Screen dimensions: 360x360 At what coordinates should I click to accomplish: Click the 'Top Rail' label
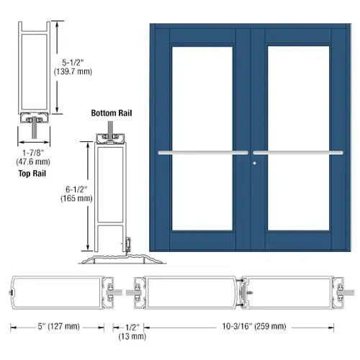click(32, 174)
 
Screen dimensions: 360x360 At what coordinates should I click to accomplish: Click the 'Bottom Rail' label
click(112, 113)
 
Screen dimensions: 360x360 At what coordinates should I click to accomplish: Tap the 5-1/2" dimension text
click(73, 63)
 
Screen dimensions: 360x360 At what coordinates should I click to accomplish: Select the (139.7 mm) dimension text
click(73, 71)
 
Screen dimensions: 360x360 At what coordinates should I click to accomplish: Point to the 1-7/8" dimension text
click(33, 153)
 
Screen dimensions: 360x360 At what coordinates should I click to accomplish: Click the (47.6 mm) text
click(33, 162)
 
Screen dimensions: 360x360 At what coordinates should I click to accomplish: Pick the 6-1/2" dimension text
click(76, 189)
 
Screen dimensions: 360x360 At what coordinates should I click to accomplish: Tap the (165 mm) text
click(76, 198)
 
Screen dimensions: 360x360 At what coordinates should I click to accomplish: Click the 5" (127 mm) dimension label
click(58, 326)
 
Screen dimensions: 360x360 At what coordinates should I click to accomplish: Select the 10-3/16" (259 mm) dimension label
click(254, 326)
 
